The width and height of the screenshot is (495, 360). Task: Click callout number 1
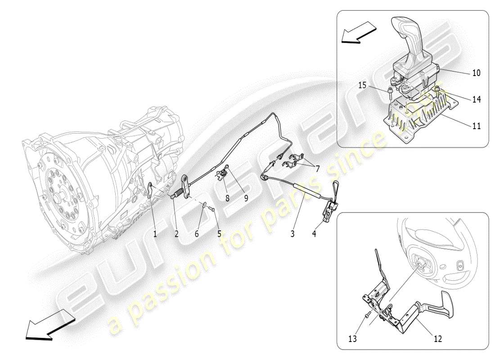coord(155,234)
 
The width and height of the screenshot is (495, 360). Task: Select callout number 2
coord(176,234)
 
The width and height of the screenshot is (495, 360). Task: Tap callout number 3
coord(292,234)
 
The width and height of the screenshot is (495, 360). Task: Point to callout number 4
coord(314,234)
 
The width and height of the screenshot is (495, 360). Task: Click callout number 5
coord(220,234)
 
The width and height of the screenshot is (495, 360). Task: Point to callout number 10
coord(476,72)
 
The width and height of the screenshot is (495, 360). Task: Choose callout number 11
coord(476,126)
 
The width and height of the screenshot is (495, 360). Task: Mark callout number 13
coord(352,339)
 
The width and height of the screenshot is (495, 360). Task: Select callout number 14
coord(476,99)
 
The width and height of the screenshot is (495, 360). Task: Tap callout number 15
coord(362,85)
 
